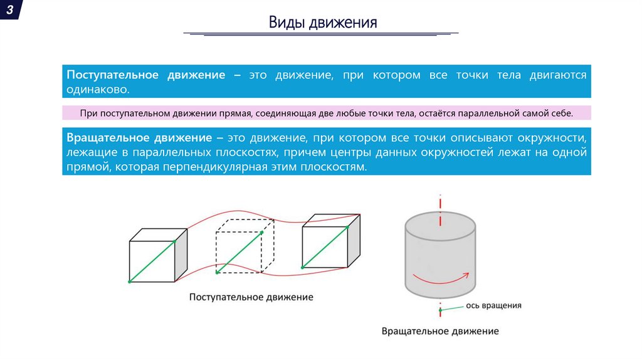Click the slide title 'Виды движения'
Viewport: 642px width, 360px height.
coord(323,24)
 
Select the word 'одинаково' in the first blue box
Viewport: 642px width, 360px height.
coord(97,90)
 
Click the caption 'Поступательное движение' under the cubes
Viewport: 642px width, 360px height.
coord(251,297)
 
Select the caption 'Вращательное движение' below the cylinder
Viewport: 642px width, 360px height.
coord(440,331)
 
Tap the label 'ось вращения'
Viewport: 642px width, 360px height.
coord(493,305)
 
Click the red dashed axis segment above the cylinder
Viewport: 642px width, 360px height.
coord(441,204)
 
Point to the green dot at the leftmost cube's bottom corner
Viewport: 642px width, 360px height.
coord(129,282)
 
